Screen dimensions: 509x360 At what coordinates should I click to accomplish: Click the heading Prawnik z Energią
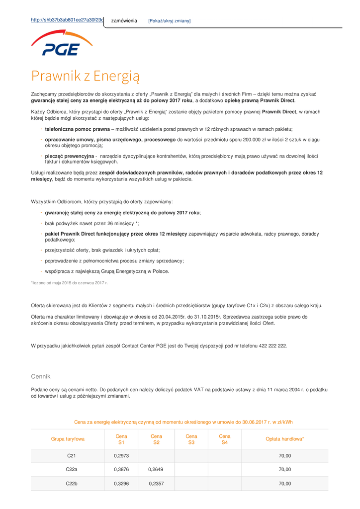[x=85, y=76]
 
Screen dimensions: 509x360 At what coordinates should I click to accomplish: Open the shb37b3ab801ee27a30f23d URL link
[x=67, y=20]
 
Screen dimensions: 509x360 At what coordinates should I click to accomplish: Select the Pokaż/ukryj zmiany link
[x=169, y=21]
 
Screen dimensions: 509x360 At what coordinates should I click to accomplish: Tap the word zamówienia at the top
[x=124, y=21]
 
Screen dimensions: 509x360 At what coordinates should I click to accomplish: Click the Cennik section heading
[x=41, y=376]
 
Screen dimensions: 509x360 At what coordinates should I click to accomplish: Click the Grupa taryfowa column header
[x=68, y=439]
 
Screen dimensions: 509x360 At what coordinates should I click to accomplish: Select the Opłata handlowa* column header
[x=285, y=439]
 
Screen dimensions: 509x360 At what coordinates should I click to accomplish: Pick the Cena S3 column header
[x=191, y=439]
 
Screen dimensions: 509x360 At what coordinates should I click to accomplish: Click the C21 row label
[x=71, y=456]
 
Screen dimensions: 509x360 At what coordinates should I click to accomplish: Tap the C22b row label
[x=72, y=483]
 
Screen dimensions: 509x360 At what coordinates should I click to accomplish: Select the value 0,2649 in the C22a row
[x=156, y=469]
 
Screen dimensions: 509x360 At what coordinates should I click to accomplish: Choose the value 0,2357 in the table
[x=156, y=483]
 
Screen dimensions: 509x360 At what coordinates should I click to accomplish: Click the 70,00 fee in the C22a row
[x=285, y=469]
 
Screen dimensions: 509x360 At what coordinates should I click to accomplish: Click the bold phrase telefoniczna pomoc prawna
[x=77, y=129]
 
